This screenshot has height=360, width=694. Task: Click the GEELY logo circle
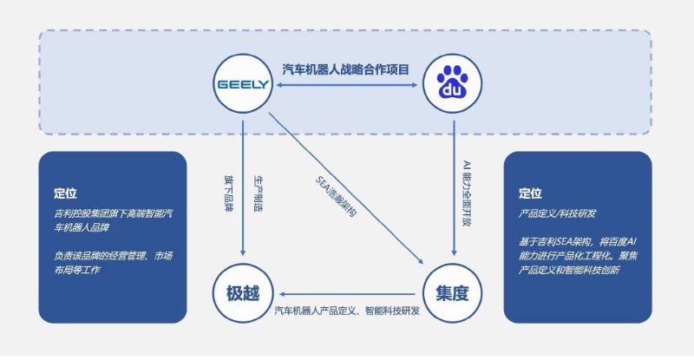243,83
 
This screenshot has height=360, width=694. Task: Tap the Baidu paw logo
452,82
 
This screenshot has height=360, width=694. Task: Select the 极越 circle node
243,293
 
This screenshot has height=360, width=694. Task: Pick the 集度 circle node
452,293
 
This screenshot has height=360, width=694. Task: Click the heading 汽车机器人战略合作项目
345,69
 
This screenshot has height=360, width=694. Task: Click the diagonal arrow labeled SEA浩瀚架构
346,188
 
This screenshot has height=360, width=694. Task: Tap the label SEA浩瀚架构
336,196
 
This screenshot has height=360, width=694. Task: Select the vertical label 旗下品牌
229,193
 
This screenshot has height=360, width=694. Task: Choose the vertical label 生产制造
258,193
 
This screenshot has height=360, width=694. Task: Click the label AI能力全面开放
467,193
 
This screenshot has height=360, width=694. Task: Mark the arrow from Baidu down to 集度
454,188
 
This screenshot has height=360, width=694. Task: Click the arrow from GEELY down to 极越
243,188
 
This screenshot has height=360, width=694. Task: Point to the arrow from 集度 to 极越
348,294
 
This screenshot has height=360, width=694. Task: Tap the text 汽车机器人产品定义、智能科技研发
347,311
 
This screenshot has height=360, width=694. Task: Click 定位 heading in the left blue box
65,193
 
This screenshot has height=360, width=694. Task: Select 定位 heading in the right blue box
530,193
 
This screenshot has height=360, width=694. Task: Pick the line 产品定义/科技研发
557,213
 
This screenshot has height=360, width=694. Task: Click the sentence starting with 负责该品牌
114,263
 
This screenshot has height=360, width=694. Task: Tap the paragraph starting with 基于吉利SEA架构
578,256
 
